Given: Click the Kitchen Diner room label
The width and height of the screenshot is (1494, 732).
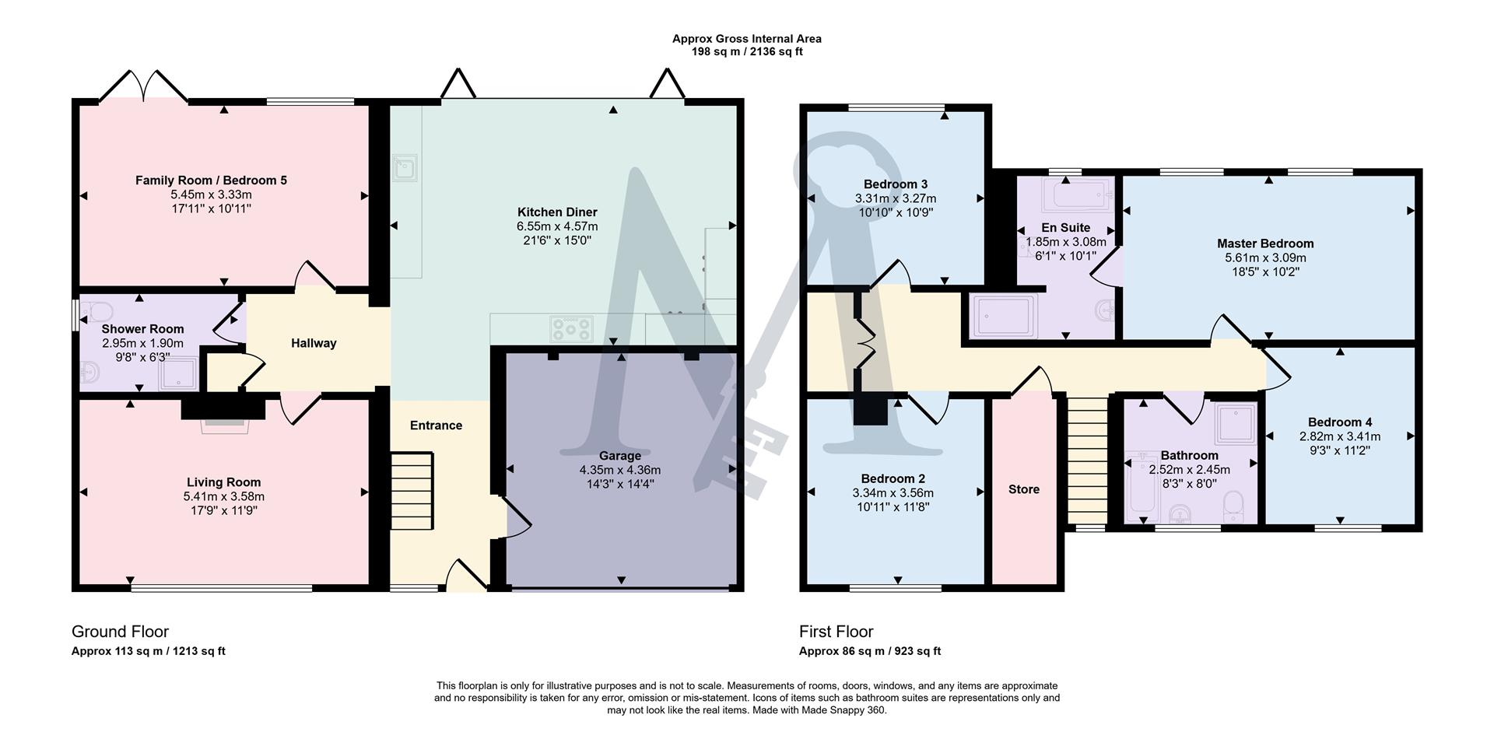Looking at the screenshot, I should [557, 212].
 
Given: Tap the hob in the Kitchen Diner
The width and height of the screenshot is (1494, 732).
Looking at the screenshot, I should [571, 328].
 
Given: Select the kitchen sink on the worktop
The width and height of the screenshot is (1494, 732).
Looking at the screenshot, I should [405, 167].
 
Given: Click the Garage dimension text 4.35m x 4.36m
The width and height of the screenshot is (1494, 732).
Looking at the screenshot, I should [619, 470].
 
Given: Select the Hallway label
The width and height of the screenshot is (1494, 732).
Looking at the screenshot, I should [314, 343].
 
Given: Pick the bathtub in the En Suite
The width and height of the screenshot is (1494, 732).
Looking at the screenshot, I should [1080, 195].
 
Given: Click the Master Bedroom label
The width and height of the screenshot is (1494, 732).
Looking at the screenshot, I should [1265, 243].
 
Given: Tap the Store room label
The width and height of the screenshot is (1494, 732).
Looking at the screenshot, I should [1023, 489].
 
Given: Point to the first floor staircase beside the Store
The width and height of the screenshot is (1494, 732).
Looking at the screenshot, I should [1086, 461].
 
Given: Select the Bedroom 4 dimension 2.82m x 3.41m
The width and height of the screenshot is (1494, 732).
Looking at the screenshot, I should [1339, 436].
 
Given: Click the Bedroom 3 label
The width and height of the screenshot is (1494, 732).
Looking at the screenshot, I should [895, 184].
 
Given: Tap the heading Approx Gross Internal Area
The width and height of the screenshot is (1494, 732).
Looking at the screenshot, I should [746, 38].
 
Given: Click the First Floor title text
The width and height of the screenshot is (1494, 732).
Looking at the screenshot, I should [836, 632].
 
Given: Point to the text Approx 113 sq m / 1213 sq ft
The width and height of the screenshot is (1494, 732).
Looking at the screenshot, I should [148, 651].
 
